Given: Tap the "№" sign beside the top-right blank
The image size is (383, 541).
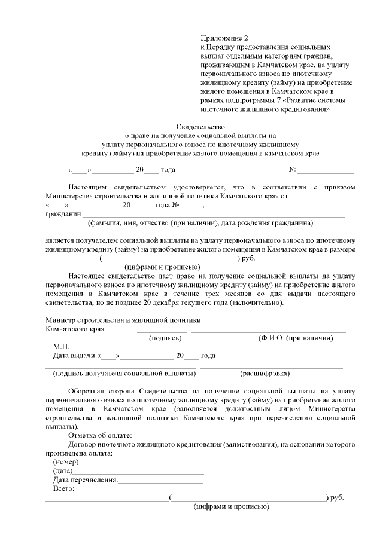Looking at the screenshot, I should [293, 169].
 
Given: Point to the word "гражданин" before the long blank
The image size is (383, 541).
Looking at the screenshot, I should [63, 213].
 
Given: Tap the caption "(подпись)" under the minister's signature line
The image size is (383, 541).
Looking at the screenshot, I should [165, 338].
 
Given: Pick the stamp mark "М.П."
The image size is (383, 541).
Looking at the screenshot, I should [61, 347].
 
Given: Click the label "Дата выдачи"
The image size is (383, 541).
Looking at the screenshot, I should [74, 356].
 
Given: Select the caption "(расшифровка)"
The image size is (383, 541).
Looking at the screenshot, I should [265, 374].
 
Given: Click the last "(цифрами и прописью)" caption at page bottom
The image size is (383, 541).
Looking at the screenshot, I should [230, 506].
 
